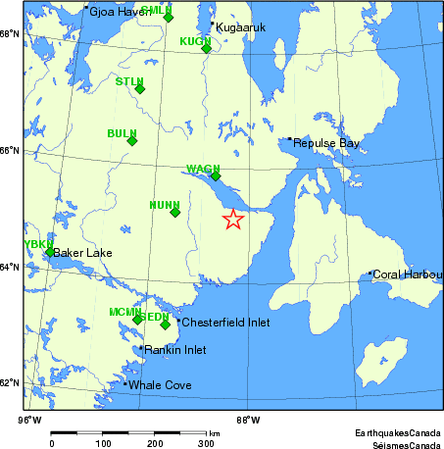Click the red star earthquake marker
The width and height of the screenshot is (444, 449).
pyautogui.click(x=232, y=220)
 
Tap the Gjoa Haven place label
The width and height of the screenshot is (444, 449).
pyautogui.click(x=116, y=12)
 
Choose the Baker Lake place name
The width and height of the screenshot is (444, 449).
pyautogui.click(x=82, y=253)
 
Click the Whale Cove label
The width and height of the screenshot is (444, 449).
pyautogui.click(x=160, y=385)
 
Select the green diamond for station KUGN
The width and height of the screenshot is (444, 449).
pyautogui.click(x=207, y=48)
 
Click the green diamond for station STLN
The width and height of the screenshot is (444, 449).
pyautogui.click(x=139, y=89)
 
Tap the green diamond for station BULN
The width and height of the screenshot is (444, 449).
pyautogui.click(x=132, y=141)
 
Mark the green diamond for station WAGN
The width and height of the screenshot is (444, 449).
pyautogui.click(x=216, y=176)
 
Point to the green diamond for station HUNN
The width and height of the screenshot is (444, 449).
pyautogui.click(x=175, y=212)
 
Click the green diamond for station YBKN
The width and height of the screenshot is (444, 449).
pyautogui.click(x=50, y=252)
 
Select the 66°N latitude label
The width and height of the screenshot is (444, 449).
pyautogui.click(x=9, y=150)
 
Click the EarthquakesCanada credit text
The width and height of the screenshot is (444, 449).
pyautogui.click(x=398, y=432)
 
